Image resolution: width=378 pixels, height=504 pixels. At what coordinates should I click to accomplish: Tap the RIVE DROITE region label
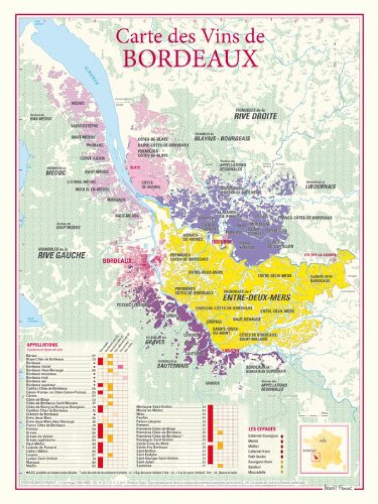[x=256, y=116]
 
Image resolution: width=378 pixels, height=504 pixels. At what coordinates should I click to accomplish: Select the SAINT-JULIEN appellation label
[x=90, y=158]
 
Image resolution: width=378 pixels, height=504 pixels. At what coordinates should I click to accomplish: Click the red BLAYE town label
[x=136, y=168]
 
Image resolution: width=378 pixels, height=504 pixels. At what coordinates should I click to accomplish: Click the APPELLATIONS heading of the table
[x=42, y=344]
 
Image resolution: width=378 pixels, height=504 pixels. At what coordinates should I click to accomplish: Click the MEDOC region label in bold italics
[x=56, y=173]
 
